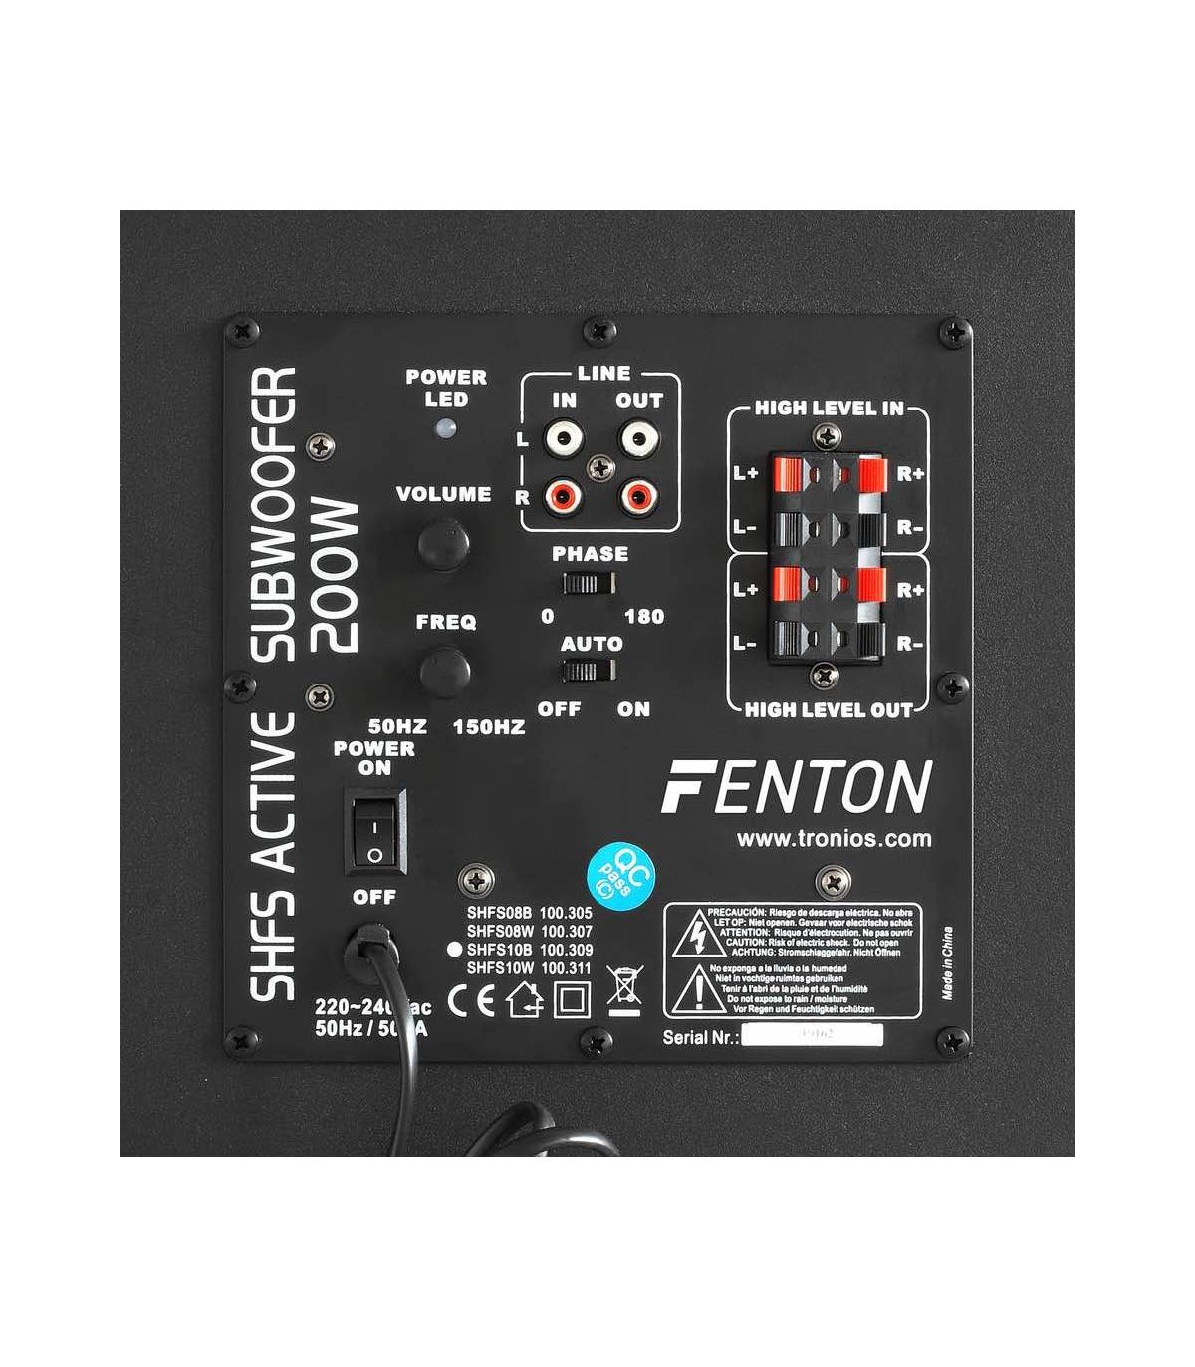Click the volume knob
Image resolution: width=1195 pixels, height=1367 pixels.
(x=443, y=543)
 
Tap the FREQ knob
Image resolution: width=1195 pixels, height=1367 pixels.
(x=444, y=671)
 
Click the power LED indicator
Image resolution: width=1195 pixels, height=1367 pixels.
(x=445, y=428)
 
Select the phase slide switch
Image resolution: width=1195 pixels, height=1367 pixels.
(x=588, y=583)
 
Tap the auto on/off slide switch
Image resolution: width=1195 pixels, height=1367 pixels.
(x=588, y=672)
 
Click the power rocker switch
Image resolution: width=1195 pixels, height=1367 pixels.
(x=375, y=831)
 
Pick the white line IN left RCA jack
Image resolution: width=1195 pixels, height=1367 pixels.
(x=565, y=438)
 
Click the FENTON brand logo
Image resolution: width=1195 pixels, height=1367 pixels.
(x=797, y=787)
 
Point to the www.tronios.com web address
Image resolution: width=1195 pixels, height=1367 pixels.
(x=834, y=839)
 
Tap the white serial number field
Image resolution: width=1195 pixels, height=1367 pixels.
(x=812, y=1036)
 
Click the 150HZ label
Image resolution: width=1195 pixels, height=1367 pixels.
(x=488, y=727)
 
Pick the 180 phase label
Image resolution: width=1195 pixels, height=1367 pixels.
(x=644, y=616)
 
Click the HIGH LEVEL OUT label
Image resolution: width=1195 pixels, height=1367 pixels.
(x=829, y=710)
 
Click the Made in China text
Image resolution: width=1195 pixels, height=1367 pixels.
(x=947, y=962)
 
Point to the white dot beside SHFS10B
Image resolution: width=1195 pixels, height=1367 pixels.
(x=454, y=950)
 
